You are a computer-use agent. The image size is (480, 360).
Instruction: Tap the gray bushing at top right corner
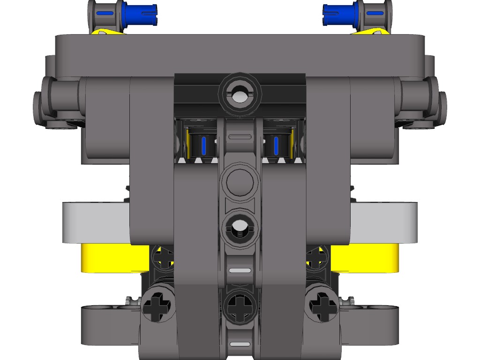point(375,14)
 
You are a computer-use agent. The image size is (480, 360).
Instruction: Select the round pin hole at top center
point(240,94)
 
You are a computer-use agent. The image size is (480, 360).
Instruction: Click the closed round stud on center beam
point(240,181)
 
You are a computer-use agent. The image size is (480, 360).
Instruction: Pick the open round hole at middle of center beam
point(240,228)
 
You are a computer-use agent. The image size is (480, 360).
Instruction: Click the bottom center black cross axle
point(240,307)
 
